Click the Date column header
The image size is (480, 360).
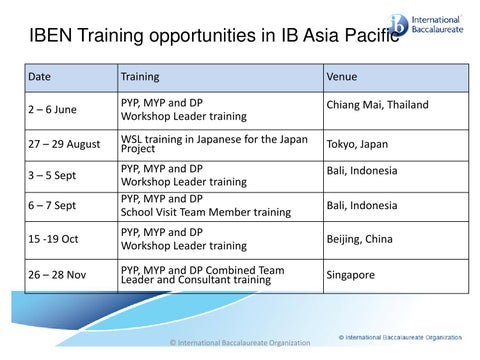click(41, 76)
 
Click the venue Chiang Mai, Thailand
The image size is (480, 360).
click(377, 104)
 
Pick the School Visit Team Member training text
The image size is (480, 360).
click(205, 213)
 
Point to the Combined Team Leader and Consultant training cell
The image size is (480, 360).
click(210, 274)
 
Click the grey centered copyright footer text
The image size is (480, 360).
click(240, 344)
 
